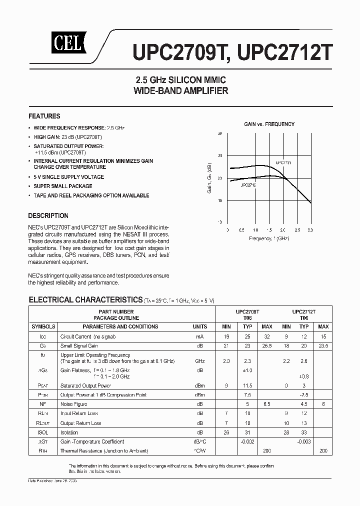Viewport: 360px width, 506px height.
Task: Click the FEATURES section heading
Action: coord(44,116)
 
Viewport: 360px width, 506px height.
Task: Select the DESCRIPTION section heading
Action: coord(48,215)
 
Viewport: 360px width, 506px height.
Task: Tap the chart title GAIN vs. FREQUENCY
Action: coord(269,124)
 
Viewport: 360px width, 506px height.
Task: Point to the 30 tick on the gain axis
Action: coord(219,134)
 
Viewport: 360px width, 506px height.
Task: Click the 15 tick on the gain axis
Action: coord(219,200)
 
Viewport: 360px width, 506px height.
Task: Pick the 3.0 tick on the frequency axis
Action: coord(310,230)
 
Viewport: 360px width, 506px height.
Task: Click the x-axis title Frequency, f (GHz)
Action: coord(269,238)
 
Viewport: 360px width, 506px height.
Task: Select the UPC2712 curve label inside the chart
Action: coord(248,185)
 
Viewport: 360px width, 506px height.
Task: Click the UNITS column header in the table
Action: coord(200,326)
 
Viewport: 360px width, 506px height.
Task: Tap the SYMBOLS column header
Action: coord(43,326)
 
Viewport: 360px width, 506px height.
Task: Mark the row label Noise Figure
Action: coord(73,404)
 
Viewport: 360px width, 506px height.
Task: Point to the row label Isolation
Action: coord(69,432)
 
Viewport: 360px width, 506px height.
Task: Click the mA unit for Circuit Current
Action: coord(200,336)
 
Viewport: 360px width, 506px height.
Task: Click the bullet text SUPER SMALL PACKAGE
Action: coord(63,186)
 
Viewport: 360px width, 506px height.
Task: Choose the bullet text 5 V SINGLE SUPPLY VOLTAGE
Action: coord(68,177)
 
